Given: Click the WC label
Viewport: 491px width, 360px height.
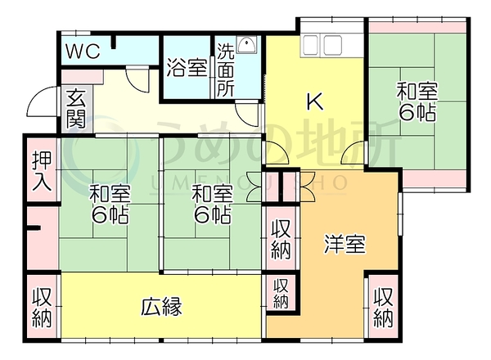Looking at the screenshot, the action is click(83, 52).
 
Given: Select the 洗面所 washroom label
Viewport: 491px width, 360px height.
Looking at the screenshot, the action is click(226, 70).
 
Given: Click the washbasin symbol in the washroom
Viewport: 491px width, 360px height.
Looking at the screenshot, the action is click(247, 45).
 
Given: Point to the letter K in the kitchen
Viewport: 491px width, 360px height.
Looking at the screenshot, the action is click(315, 101).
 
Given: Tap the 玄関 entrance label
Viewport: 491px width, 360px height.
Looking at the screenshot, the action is click(76, 108).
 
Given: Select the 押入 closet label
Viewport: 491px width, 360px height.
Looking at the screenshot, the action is click(42, 171).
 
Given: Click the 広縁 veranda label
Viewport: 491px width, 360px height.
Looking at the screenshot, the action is click(161, 307).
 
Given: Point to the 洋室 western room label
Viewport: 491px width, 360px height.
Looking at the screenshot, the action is click(345, 244).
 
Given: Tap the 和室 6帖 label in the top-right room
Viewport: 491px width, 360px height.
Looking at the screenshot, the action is click(417, 101).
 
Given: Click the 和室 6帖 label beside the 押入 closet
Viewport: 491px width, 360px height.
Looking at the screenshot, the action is click(110, 204).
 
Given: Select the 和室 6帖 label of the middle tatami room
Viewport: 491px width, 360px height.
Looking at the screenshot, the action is click(212, 204).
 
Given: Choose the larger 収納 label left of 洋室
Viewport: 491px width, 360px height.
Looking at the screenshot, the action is click(281, 240).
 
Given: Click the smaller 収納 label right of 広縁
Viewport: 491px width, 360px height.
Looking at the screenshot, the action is click(281, 294).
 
